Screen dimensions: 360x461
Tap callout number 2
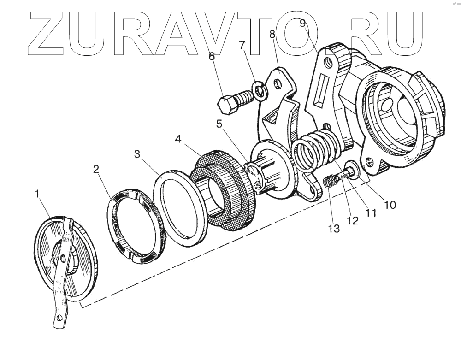point(96,169)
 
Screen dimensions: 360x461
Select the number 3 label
point(137,154)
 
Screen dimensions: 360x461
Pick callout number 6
point(212,57)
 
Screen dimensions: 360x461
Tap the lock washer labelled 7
point(260,90)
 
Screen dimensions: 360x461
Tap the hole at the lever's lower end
point(60,318)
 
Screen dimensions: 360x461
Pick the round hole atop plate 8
point(278,84)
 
